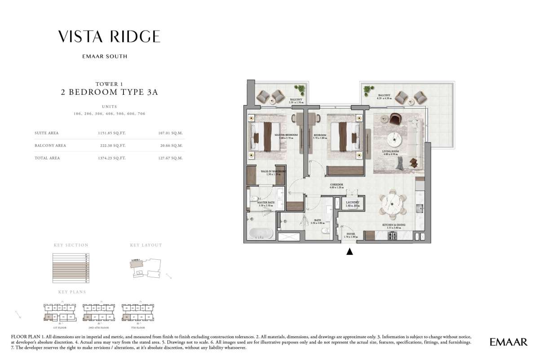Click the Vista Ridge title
pyautogui.click(x=109, y=37)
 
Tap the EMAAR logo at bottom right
pyautogui.click(x=508, y=342)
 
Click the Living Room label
pyautogui.click(x=391, y=152)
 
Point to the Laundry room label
pyautogui.click(x=353, y=203)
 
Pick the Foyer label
pyautogui.click(x=349, y=234)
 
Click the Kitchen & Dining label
pyautogui.click(x=394, y=225)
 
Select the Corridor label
pyautogui.click(x=336, y=185)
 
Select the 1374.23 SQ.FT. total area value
pyautogui.click(x=113, y=158)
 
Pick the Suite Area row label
pyautogui.click(x=46, y=133)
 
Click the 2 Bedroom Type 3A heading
pyautogui.click(x=109, y=93)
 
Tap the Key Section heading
pyautogui.click(x=71, y=245)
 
